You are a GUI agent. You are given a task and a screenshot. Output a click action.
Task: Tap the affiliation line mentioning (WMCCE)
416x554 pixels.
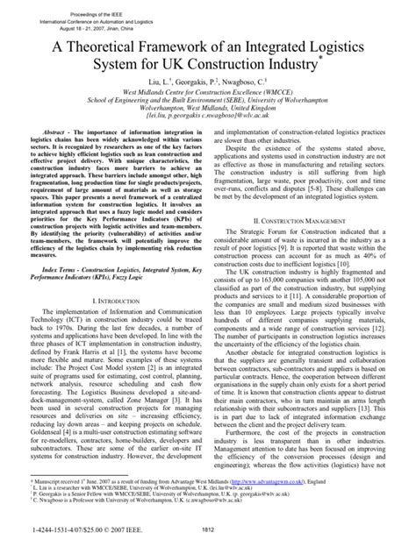click(208, 102)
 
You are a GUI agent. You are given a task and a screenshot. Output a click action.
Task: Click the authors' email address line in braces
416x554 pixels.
click(208, 135)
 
